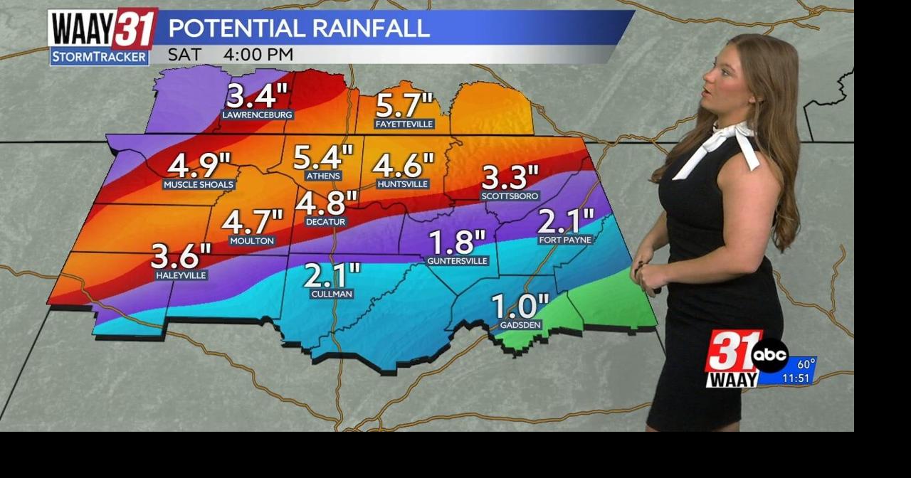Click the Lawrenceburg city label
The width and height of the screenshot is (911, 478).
[x=257, y=115]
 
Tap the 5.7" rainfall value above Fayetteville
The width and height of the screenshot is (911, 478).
[x=404, y=105]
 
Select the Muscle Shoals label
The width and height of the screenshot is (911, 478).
[x=199, y=185]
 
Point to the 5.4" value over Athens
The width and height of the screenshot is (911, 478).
[x=323, y=155]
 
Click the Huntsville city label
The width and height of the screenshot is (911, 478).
[x=403, y=184]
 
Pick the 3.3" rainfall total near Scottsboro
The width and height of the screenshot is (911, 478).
[x=510, y=176]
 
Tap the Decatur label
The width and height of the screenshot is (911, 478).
[x=325, y=222]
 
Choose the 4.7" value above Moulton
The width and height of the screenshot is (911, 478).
[x=252, y=221]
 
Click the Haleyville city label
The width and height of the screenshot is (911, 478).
[x=181, y=275]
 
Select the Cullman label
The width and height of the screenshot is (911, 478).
[x=332, y=294]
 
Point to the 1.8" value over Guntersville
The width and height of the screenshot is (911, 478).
[x=457, y=242]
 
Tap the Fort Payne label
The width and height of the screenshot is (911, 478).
[x=565, y=240]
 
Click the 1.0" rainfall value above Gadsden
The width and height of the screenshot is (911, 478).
[x=520, y=307]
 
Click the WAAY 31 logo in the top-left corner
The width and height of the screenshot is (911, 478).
[x=102, y=28]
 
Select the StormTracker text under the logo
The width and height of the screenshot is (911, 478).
[x=99, y=57]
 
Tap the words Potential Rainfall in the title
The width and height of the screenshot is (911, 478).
[x=299, y=28]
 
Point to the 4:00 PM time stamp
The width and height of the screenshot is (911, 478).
[x=258, y=55]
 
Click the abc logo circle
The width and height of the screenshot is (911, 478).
[x=770, y=356]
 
